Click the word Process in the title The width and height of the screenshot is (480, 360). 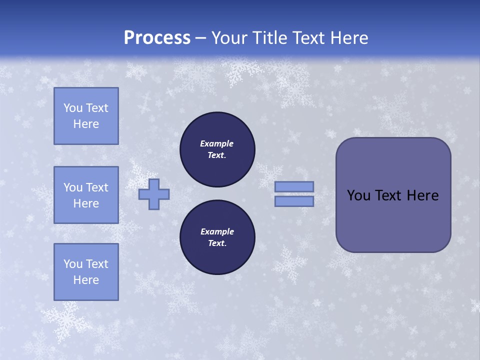coord(157,38)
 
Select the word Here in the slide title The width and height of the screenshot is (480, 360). coord(348,38)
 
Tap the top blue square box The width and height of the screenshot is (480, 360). coord(86,116)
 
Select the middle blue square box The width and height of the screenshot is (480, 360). coord(86,195)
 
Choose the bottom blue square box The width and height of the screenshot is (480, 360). coord(86,271)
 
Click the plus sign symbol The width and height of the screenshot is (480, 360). coord(154,194)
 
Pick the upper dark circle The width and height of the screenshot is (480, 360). coord(217,149)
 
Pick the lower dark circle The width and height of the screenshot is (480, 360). coord(217,237)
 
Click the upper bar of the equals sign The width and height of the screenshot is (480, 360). coord(294,186)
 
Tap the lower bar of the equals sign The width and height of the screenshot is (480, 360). coord(294,201)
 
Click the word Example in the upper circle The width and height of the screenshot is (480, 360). coord(217,143)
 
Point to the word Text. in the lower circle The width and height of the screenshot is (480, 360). coord(217,243)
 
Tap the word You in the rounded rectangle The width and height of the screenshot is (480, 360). coord(358,195)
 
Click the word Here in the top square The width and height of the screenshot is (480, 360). coord(86,124)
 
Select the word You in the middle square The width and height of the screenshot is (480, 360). coord(73,187)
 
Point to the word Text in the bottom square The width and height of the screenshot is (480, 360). coord(97,264)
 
